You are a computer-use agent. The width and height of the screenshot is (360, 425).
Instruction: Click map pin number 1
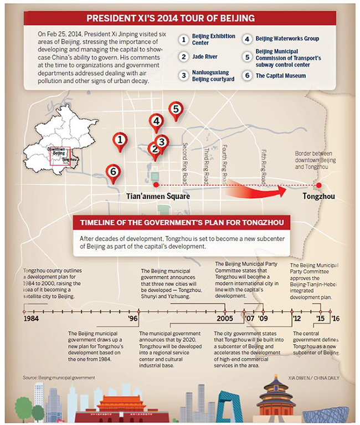point(120,141)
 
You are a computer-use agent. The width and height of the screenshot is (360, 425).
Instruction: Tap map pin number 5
point(176,110)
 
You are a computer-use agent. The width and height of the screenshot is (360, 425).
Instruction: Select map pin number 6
point(113,173)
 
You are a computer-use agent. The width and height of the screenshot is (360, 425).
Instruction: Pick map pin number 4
point(157,121)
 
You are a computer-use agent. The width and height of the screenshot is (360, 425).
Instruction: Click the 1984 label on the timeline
point(32,320)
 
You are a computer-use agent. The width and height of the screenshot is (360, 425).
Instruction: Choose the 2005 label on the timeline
point(225,320)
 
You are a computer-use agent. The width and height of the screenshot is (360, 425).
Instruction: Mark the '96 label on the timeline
point(133,320)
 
